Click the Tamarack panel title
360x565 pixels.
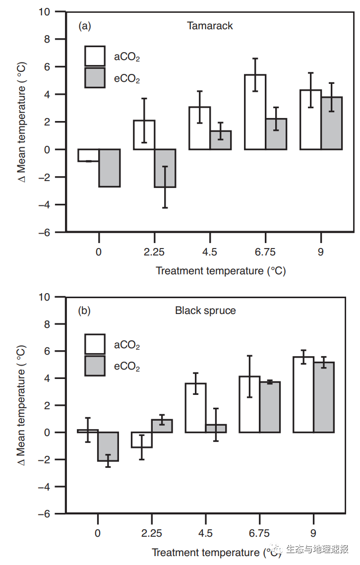pos(210,26)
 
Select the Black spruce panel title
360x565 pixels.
pos(205,311)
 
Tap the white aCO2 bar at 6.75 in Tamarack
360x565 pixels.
pos(255,112)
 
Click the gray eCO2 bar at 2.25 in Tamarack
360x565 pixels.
pos(165,168)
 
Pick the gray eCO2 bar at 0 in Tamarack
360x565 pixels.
pos(109,168)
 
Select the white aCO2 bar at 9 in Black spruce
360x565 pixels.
pos(303,394)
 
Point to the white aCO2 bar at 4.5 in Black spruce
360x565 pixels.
pos(195,407)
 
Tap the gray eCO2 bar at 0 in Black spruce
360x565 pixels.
pos(108,446)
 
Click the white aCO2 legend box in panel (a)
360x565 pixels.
pos(95,56)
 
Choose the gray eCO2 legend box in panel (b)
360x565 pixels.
pos(95,366)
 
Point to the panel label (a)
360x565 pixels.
pos(85,26)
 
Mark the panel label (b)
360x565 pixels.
pos(85,311)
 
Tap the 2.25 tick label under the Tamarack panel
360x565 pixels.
pos(154,252)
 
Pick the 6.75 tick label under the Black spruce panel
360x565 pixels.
pos(259,534)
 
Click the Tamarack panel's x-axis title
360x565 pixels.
pos(221,271)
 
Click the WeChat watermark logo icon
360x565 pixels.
pos(276,549)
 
